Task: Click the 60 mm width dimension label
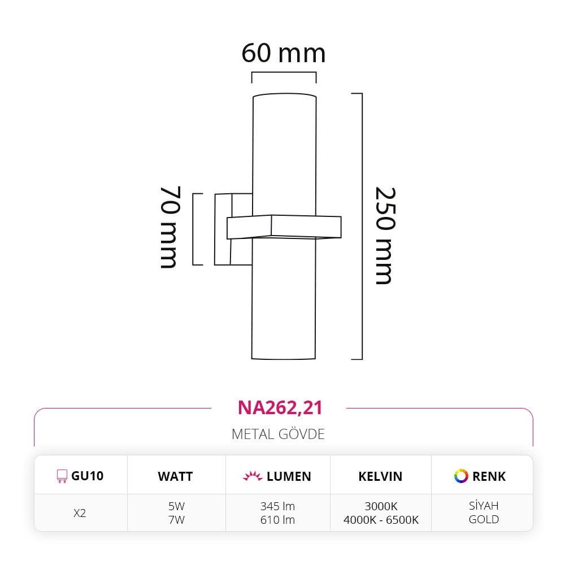pos(284,53)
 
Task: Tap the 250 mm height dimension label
pos(385,236)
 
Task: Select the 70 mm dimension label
pos(169,227)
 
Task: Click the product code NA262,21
pos(280,407)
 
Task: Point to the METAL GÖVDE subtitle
pos(278,434)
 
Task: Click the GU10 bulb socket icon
pos(62,476)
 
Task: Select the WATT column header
pos(175,476)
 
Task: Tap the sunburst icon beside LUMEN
pos(253,476)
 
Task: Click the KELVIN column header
pos(380,476)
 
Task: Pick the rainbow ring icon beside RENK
pos(461,476)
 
